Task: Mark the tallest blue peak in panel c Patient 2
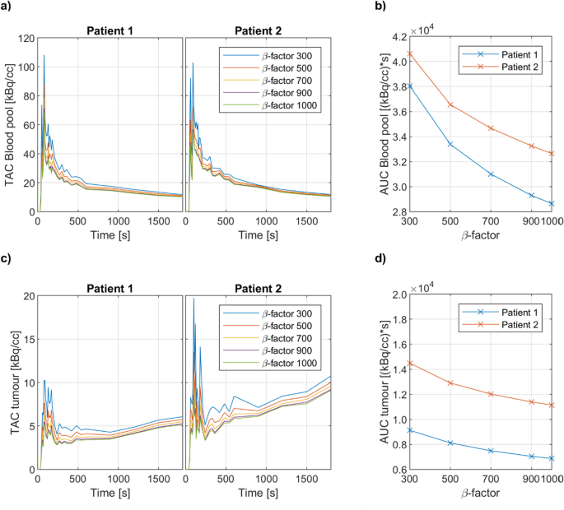point(193,299)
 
